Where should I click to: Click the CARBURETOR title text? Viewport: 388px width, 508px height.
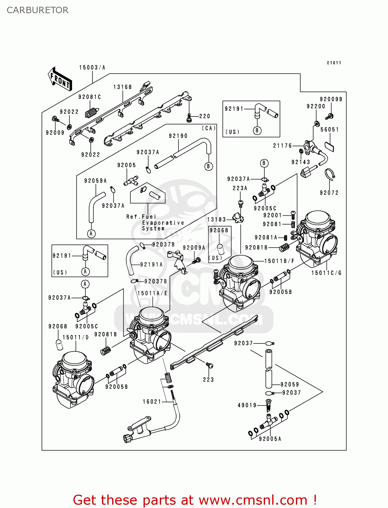pyautogui.click(x=37, y=10)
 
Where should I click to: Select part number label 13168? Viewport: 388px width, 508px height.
pyautogui.click(x=123, y=87)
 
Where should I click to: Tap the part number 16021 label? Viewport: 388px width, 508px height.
pyautogui.click(x=152, y=402)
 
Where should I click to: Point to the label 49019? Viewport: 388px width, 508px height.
pyautogui.click(x=247, y=405)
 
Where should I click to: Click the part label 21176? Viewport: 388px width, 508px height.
pyautogui.click(x=282, y=146)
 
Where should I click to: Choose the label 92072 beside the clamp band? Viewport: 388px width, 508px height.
pyautogui.click(x=329, y=193)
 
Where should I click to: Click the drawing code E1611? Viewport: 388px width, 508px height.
pyautogui.click(x=334, y=63)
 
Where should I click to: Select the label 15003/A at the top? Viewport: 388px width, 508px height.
pyautogui.click(x=92, y=67)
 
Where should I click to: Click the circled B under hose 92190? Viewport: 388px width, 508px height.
pyautogui.click(x=209, y=166)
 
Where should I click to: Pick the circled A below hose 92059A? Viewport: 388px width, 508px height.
pyautogui.click(x=91, y=233)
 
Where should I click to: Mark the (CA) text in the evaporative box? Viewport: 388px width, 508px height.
pyautogui.click(x=209, y=128)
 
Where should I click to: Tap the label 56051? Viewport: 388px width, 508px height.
pyautogui.click(x=329, y=129)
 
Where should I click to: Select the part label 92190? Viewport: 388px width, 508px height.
pyautogui.click(x=178, y=136)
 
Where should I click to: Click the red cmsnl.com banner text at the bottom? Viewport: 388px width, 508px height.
pyautogui.click(x=195, y=500)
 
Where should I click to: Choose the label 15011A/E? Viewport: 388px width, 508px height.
pyautogui.click(x=152, y=293)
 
